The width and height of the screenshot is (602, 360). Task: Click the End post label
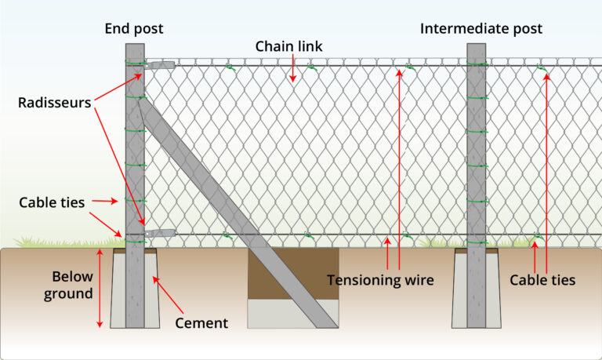pyautogui.click(x=134, y=29)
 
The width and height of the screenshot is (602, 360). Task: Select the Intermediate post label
pyautogui.click(x=481, y=29)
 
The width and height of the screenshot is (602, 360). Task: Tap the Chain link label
pyautogui.click(x=288, y=46)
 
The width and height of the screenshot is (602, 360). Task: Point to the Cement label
pyautogui.click(x=201, y=322)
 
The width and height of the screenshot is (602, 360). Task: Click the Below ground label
pyautogui.click(x=72, y=285)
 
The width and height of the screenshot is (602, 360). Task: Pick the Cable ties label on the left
pyautogui.click(x=52, y=202)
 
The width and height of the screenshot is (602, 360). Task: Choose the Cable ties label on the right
pyautogui.click(x=542, y=280)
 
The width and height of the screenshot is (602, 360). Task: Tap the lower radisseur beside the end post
pyautogui.click(x=160, y=232)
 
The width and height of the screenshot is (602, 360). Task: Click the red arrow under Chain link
pyautogui.click(x=292, y=70)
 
